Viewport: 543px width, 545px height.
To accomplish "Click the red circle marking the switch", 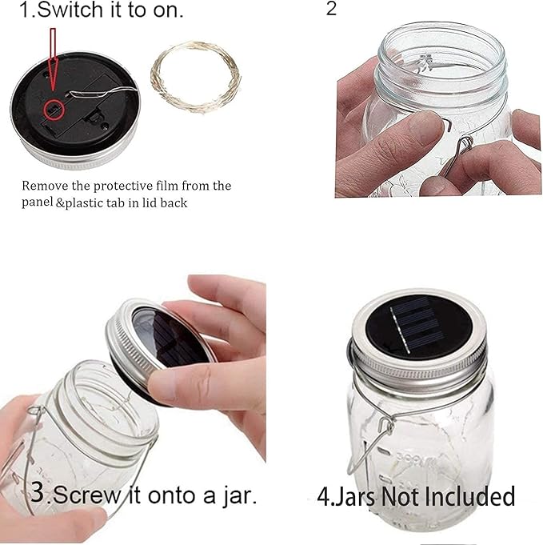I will [x=54, y=107].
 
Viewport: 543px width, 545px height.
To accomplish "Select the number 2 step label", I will [x=332, y=10].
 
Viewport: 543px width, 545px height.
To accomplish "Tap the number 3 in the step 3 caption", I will [x=37, y=493].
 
